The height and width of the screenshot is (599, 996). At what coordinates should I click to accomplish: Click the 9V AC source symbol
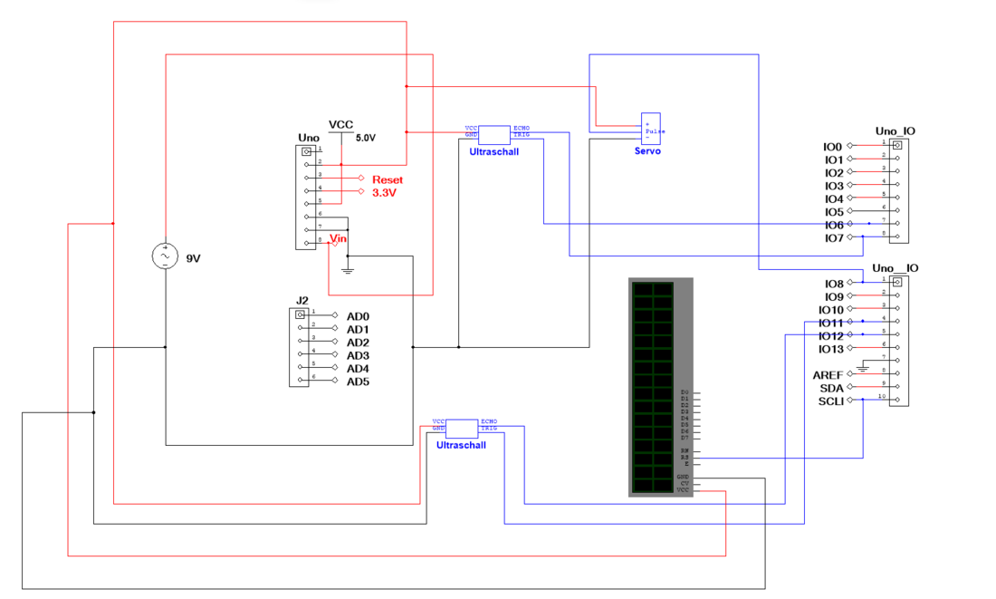(x=166, y=257)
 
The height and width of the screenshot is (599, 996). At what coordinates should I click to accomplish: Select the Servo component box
(x=651, y=129)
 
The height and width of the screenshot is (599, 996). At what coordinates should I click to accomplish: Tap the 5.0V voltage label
(x=364, y=139)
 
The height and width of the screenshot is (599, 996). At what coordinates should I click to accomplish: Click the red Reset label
(x=387, y=179)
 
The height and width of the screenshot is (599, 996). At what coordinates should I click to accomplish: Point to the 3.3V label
(x=384, y=193)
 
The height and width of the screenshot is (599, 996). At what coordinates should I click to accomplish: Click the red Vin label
(x=338, y=238)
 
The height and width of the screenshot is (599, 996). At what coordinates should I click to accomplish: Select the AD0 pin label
(x=358, y=316)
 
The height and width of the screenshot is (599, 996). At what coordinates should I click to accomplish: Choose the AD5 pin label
(x=358, y=382)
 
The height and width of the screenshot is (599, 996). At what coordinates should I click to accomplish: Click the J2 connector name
(x=302, y=300)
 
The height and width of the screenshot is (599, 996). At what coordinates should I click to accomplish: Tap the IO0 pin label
(x=833, y=146)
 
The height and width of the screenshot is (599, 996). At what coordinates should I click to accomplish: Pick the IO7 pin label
(x=833, y=238)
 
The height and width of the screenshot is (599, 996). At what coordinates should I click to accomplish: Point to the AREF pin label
(x=828, y=375)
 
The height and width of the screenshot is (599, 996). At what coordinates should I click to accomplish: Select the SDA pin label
(x=830, y=388)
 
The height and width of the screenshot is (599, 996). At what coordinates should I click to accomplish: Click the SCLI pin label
(x=830, y=401)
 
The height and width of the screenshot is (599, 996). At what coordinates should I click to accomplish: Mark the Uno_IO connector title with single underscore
(x=895, y=130)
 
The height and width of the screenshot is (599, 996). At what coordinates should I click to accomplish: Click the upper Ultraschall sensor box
(x=494, y=134)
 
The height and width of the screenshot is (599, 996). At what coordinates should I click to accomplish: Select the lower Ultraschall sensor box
(x=462, y=428)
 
